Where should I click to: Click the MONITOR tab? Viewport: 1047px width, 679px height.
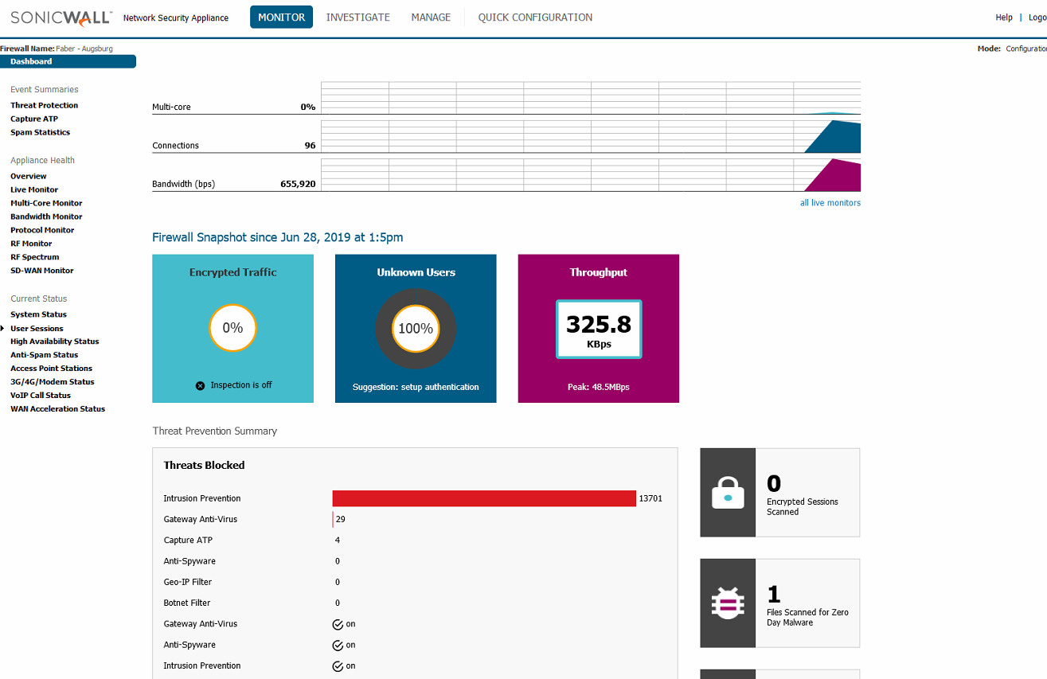(x=281, y=18)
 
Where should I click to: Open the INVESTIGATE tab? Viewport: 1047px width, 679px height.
(x=358, y=18)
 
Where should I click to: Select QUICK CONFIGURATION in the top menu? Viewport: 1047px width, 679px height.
(x=535, y=18)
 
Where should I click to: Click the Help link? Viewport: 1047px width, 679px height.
(x=1003, y=18)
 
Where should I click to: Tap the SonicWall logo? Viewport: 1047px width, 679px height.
(x=61, y=18)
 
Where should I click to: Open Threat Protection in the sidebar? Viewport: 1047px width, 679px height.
(x=45, y=105)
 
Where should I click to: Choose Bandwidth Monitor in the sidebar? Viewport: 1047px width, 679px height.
(x=46, y=217)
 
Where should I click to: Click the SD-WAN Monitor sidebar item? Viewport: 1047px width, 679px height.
(x=42, y=270)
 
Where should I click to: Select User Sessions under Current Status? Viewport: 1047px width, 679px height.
(x=37, y=328)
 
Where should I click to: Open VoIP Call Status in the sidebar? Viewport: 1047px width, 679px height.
(x=41, y=395)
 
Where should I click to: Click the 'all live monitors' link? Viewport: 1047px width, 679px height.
(x=830, y=203)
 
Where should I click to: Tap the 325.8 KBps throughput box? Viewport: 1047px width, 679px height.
(x=599, y=329)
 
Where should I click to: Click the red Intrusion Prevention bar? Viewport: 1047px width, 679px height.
(x=484, y=498)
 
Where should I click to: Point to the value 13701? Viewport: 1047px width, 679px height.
(x=650, y=498)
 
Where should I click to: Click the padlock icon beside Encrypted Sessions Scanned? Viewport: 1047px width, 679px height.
(x=728, y=493)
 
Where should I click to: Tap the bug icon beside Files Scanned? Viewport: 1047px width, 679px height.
(x=728, y=603)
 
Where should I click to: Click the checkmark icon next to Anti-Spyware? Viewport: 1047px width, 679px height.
(x=338, y=646)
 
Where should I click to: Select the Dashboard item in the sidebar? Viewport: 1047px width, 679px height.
(x=68, y=61)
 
